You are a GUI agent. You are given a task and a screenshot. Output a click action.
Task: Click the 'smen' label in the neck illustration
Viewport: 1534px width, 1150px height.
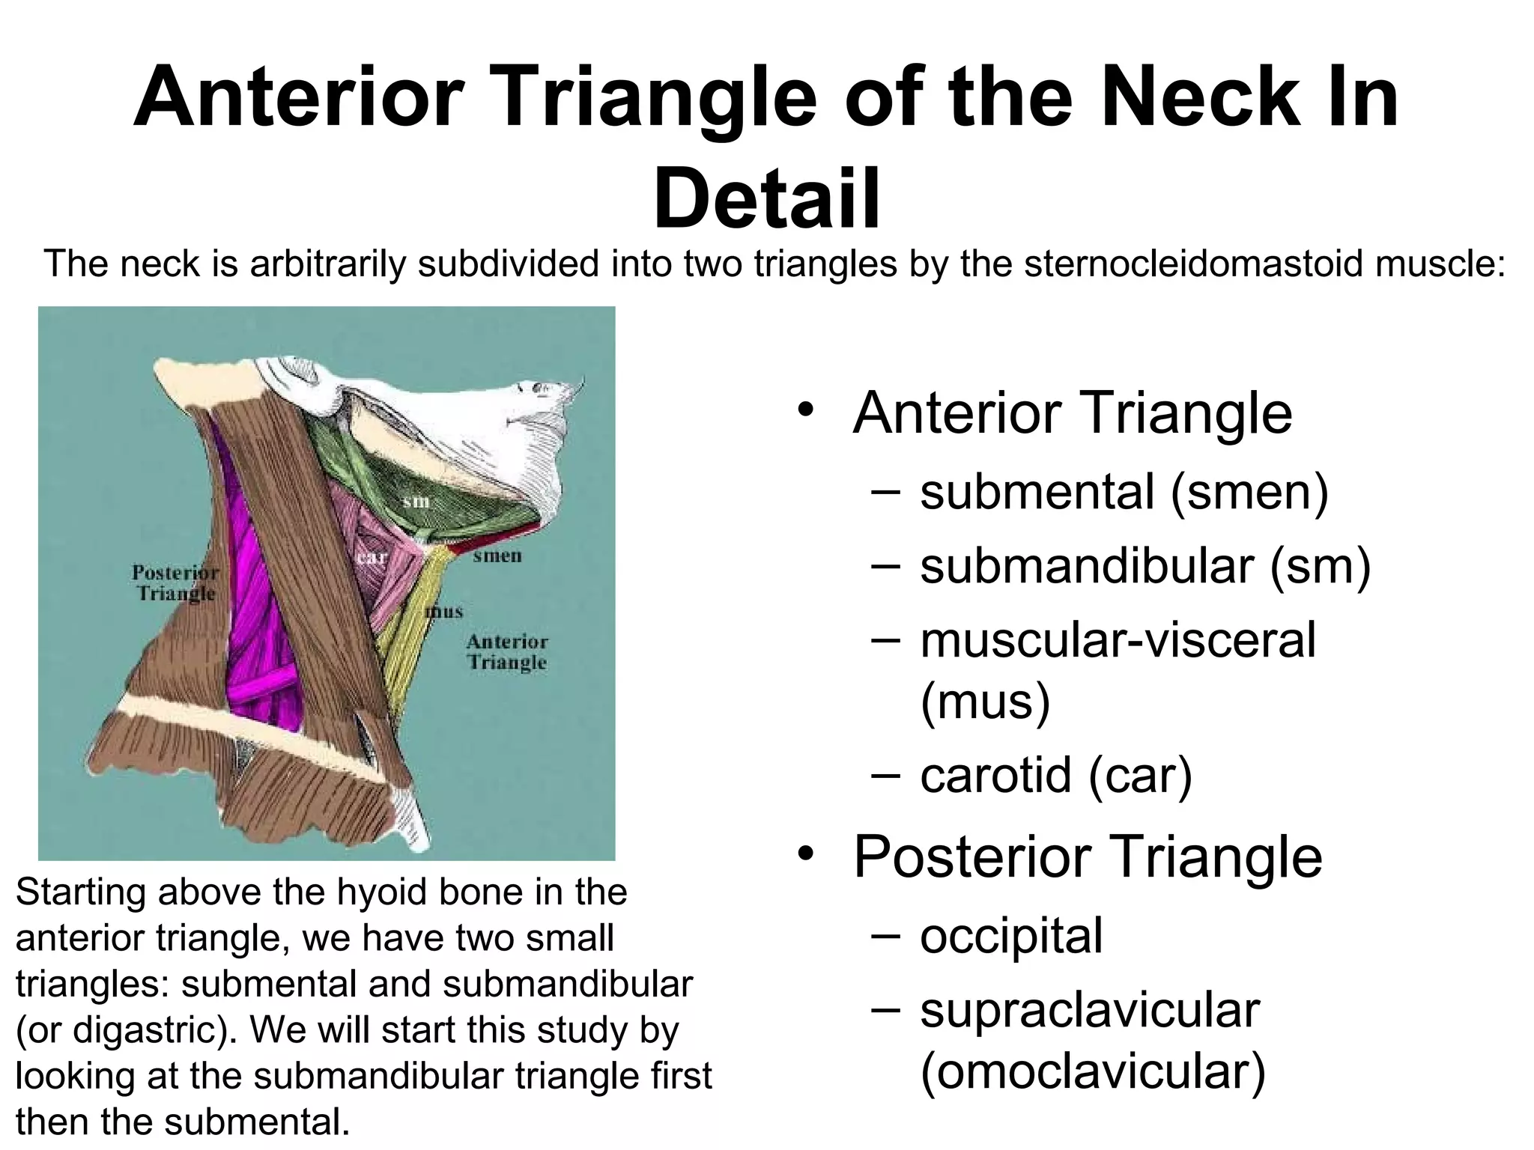pos(497,556)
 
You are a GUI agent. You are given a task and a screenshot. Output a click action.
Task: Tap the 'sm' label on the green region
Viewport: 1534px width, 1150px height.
pos(416,501)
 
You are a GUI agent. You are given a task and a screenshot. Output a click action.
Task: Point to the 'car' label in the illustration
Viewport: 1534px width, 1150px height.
pos(372,558)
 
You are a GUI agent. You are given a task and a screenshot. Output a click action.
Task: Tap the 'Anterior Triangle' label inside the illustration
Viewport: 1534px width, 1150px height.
pos(507,652)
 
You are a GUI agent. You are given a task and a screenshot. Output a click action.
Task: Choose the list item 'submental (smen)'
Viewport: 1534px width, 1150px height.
pos(1124,492)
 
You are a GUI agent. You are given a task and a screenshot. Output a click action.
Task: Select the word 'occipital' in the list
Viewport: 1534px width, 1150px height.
pos(1011,935)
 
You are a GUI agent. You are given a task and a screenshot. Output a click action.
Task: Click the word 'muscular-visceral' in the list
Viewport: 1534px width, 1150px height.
pos(1117,640)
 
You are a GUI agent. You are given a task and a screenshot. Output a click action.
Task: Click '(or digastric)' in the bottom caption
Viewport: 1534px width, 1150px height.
pos(122,1030)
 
